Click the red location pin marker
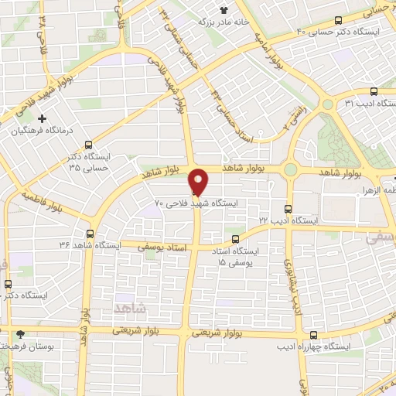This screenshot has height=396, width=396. pos(198,181)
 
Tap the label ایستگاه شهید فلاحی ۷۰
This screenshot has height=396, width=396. pos(197,203)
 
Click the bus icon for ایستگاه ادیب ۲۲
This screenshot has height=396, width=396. pos(287,208)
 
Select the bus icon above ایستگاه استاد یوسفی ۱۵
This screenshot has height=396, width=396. pos(236,239)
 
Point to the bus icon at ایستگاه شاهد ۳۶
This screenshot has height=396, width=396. pos(90,233)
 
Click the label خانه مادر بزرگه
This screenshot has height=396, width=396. pos(200,22)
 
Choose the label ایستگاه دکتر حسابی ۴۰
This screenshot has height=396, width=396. pos(344,31)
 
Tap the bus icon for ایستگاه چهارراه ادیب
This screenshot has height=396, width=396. pos(313,335)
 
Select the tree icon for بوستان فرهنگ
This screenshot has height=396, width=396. pos(21,335)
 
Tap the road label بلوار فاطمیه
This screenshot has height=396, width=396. pos(43,200)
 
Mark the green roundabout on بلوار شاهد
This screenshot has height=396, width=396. pos(292,169)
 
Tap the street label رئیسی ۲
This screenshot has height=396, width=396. pos(291,116)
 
